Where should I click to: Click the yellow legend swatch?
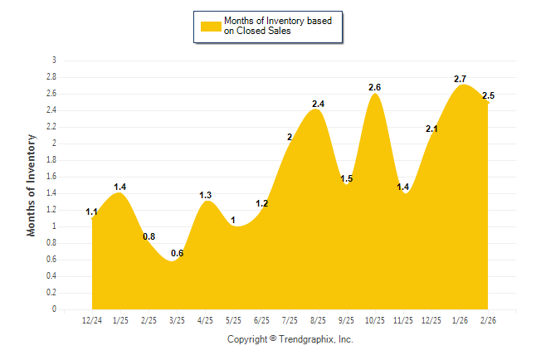point(212,26)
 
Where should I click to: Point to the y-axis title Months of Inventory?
point(32,185)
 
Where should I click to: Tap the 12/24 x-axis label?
point(92,320)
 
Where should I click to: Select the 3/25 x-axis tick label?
point(177,320)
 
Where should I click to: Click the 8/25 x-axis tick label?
point(318,320)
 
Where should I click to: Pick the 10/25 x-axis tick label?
point(375,320)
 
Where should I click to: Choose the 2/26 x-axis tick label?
point(488,320)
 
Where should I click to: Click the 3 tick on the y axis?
point(55,61)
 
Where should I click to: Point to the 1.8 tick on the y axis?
point(52,160)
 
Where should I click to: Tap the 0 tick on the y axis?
point(55,309)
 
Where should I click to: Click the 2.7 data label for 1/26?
point(460,79)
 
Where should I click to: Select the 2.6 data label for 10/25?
point(375,87)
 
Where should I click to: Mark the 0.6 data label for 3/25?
point(177,253)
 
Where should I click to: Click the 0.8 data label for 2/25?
point(149,236)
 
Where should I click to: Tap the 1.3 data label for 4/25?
point(206,195)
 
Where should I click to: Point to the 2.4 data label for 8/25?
point(318,104)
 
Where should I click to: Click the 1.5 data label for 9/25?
point(347,178)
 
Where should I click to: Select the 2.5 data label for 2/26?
point(488,96)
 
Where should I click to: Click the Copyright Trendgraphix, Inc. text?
point(290,339)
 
